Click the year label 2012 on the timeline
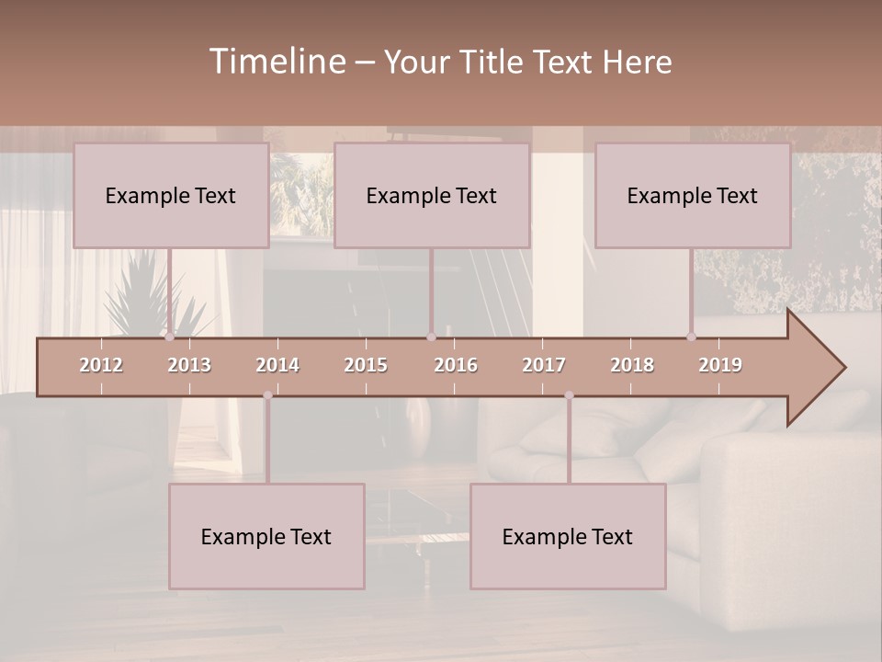pyautogui.click(x=101, y=365)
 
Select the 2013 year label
pyautogui.click(x=189, y=365)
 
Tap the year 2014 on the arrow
pyautogui.click(x=277, y=365)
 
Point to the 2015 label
pyautogui.click(x=366, y=365)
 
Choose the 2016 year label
pyautogui.click(x=456, y=365)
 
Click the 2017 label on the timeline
pyautogui.click(x=544, y=365)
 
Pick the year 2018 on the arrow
pyautogui.click(x=632, y=365)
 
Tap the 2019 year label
pyautogui.click(x=720, y=365)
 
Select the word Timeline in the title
pyautogui.click(x=276, y=62)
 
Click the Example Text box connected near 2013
pyautogui.click(x=171, y=195)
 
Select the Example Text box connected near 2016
pyautogui.click(x=432, y=195)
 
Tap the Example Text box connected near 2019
pyautogui.click(x=693, y=195)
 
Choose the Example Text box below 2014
pyautogui.click(x=266, y=536)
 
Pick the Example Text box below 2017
pyautogui.click(x=568, y=536)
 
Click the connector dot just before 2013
pyautogui.click(x=169, y=337)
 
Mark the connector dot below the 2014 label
pyautogui.click(x=267, y=395)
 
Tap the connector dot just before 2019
pyautogui.click(x=691, y=337)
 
